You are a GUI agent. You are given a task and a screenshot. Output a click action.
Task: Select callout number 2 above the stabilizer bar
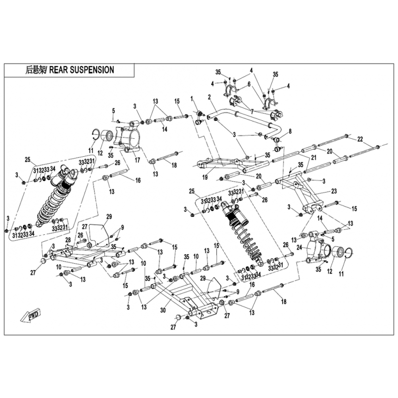pyautogui.click(x=209, y=97)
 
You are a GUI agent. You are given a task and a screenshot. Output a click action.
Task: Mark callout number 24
pyautogui.click(x=298, y=247)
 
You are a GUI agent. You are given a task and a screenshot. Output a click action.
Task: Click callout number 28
pyautogui.click(x=68, y=240)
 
